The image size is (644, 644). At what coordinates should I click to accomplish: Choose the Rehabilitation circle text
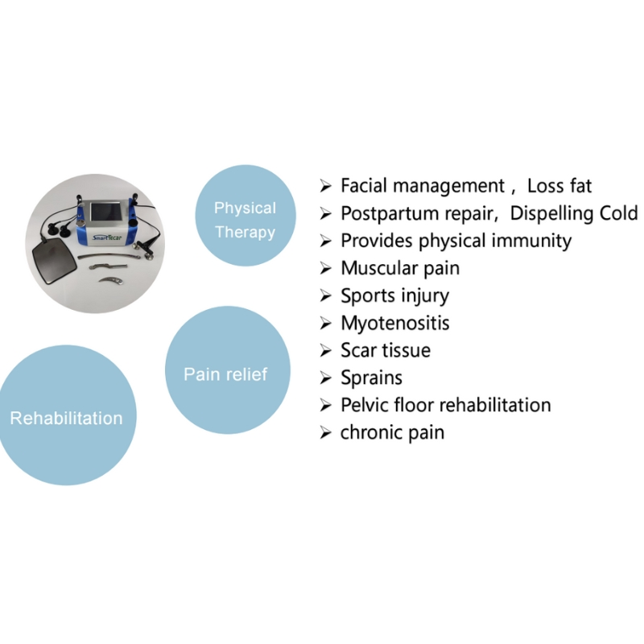pyautogui.click(x=66, y=418)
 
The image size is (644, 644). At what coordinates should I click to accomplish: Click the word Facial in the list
pyautogui.click(x=364, y=187)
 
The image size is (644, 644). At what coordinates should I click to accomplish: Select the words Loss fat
pyautogui.click(x=559, y=187)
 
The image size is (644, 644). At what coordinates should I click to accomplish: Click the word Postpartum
pyautogui.click(x=386, y=213)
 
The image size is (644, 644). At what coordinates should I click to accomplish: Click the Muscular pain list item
pyautogui.click(x=400, y=268)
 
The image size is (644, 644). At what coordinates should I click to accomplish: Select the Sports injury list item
pyautogui.click(x=394, y=295)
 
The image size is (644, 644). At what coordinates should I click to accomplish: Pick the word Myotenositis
pyautogui.click(x=394, y=323)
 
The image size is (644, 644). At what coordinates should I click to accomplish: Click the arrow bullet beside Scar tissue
pyautogui.click(x=325, y=351)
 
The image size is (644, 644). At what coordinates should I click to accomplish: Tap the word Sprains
pyautogui.click(x=371, y=378)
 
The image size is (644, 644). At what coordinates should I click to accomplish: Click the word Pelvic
pyautogui.click(x=364, y=405)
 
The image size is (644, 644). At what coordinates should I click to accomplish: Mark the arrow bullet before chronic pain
pyautogui.click(x=325, y=433)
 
